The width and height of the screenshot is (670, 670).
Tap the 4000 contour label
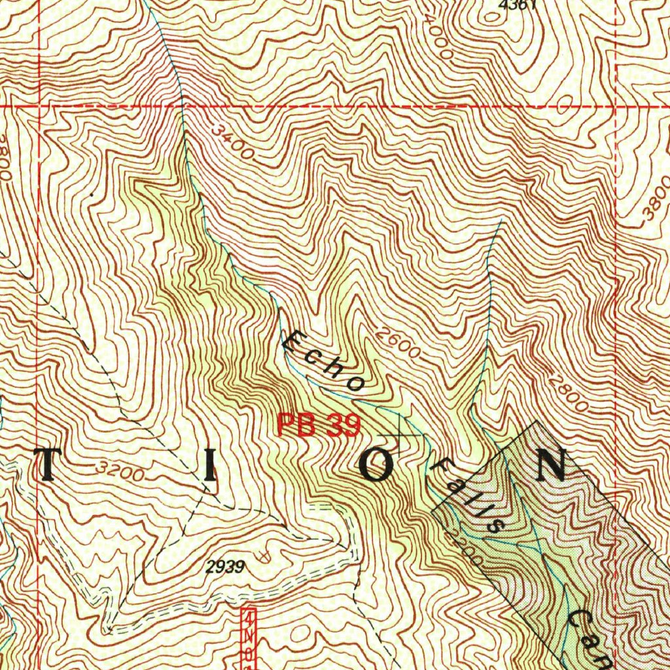[x=438, y=35]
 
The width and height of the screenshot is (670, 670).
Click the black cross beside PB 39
[x=400, y=435]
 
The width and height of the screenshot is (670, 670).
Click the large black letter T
[x=50, y=465]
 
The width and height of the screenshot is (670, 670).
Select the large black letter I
[x=209, y=465]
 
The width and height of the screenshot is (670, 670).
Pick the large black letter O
[x=378, y=465]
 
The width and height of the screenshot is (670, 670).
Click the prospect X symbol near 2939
[x=263, y=556]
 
